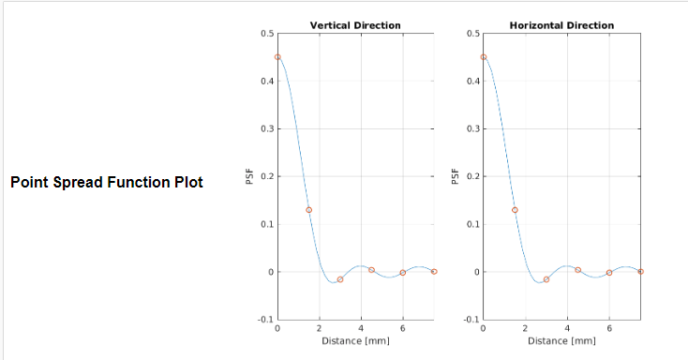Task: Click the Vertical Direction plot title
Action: coord(355,25)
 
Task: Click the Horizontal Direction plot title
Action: coord(561,25)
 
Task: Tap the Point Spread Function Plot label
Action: coord(106,182)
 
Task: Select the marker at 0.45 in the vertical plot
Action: coord(277,57)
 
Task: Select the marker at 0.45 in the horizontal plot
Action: coord(484,57)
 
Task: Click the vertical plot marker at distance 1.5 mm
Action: coord(308,210)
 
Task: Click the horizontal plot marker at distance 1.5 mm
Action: coord(515,210)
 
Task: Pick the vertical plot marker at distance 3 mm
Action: coord(340,279)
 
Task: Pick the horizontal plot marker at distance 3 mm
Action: coord(546,279)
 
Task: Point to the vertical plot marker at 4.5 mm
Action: coord(371,270)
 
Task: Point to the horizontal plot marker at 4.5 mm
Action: coord(577,270)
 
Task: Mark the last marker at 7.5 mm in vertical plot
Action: coord(434,271)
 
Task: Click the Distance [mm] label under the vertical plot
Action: coord(355,340)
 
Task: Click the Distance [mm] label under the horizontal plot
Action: coord(561,340)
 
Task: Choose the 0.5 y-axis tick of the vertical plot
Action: coord(267,34)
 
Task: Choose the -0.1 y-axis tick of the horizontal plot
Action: coord(471,320)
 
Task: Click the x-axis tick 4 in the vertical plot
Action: coord(361,329)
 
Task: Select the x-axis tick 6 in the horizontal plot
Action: coord(609,329)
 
